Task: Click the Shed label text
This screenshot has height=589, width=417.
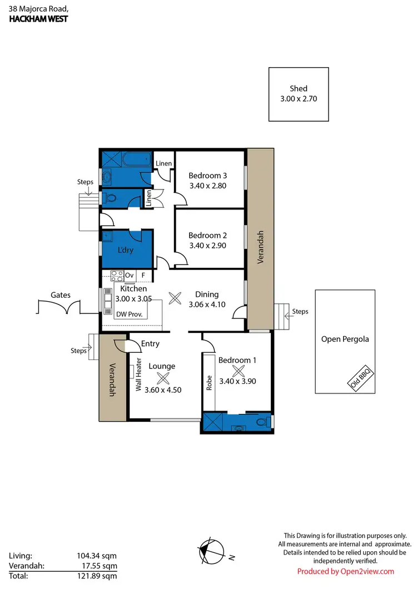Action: pyautogui.click(x=298, y=88)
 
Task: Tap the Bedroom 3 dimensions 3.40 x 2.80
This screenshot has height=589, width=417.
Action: pyautogui.click(x=207, y=186)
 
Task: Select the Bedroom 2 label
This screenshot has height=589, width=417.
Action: pyautogui.click(x=207, y=235)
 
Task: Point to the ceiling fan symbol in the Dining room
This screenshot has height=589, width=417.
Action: pyautogui.click(x=175, y=298)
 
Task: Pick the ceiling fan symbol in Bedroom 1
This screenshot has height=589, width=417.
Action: pyautogui.click(x=238, y=372)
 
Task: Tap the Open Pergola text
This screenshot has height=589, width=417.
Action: pyautogui.click(x=345, y=339)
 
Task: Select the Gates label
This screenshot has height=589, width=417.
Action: pyautogui.click(x=60, y=295)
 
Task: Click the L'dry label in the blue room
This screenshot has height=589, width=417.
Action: pyautogui.click(x=126, y=250)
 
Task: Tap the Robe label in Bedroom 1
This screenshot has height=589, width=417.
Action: pyautogui.click(x=210, y=384)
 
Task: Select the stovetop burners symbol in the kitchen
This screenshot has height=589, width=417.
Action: pyautogui.click(x=117, y=274)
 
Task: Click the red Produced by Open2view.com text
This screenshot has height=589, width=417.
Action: pyautogui.click(x=345, y=571)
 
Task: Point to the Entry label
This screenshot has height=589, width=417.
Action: pyautogui.click(x=150, y=344)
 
